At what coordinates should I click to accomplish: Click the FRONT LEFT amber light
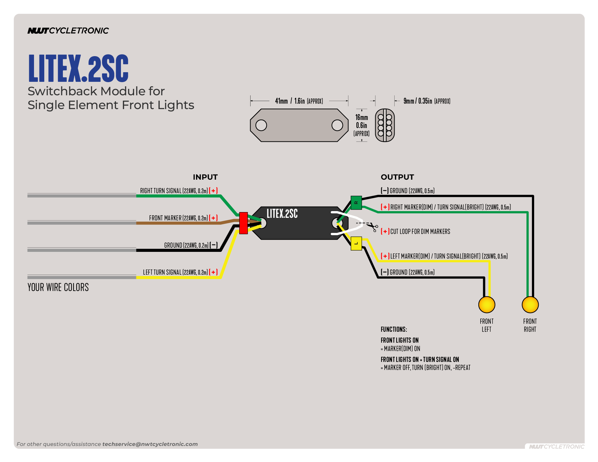point(487,305)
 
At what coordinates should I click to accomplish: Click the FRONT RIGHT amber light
point(530,305)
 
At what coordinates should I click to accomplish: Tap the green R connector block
point(356,203)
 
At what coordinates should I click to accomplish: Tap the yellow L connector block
point(356,244)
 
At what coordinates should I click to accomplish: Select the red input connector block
point(243,223)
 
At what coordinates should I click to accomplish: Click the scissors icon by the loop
point(373,227)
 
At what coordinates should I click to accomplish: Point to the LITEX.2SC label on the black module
point(282,214)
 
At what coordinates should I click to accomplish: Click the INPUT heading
point(205,177)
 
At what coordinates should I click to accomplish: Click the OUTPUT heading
point(397,177)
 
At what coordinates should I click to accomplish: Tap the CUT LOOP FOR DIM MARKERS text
point(420,232)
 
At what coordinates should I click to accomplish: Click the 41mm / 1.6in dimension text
point(299,101)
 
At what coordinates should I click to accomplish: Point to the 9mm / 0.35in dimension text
point(427,101)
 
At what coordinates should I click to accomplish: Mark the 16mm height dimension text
point(362,117)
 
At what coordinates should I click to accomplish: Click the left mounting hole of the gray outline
point(261,125)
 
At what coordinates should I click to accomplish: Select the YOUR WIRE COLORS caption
point(58,287)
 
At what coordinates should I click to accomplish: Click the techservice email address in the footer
point(150,444)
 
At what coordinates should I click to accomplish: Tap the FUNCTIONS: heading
point(394,329)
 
